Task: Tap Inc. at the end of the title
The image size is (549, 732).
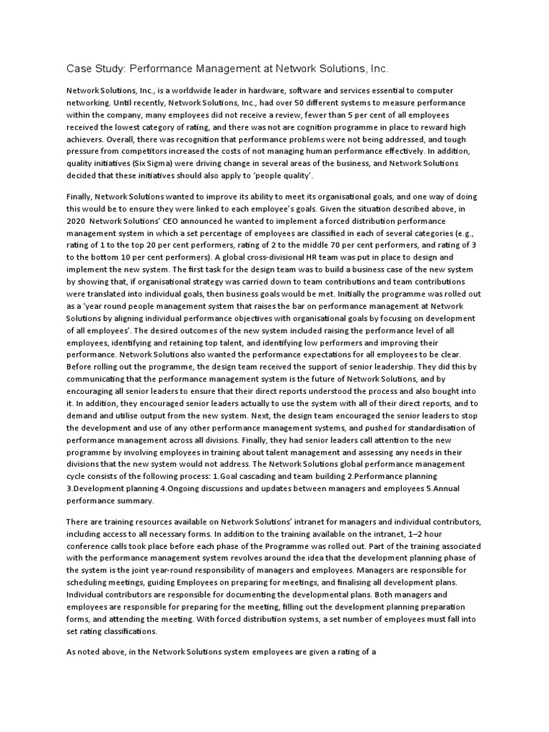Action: pos(378,69)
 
